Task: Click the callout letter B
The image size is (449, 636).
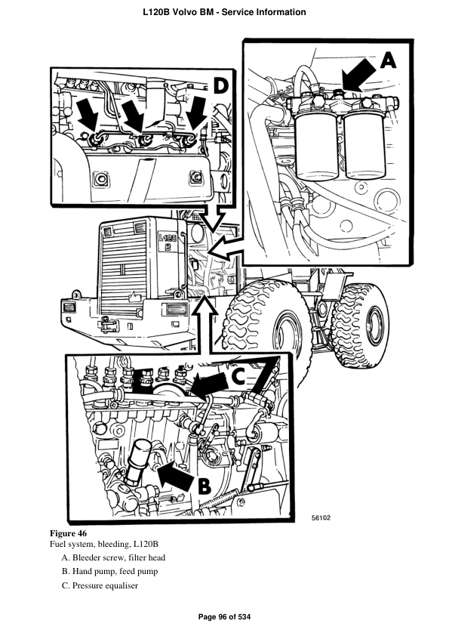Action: pos(204,486)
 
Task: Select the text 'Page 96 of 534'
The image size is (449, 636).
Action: pos(224,617)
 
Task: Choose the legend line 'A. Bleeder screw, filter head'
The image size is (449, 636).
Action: pos(113,557)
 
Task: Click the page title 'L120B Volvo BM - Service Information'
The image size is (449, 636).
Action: pos(224,12)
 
